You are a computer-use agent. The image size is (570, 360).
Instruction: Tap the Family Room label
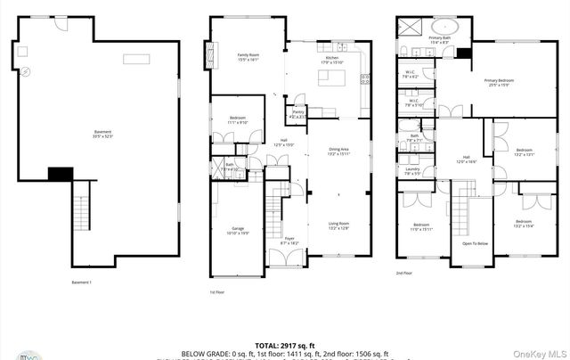(248, 58)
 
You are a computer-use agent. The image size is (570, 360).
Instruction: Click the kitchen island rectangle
(333, 82)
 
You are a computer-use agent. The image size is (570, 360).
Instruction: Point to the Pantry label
(297, 114)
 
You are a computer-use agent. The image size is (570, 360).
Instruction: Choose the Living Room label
(338, 225)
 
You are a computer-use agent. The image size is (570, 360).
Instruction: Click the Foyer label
(289, 240)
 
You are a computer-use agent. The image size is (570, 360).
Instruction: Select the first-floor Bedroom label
(239, 119)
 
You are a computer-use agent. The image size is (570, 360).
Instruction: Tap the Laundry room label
(412, 170)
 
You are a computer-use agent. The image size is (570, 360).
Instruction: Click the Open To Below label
(475, 243)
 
